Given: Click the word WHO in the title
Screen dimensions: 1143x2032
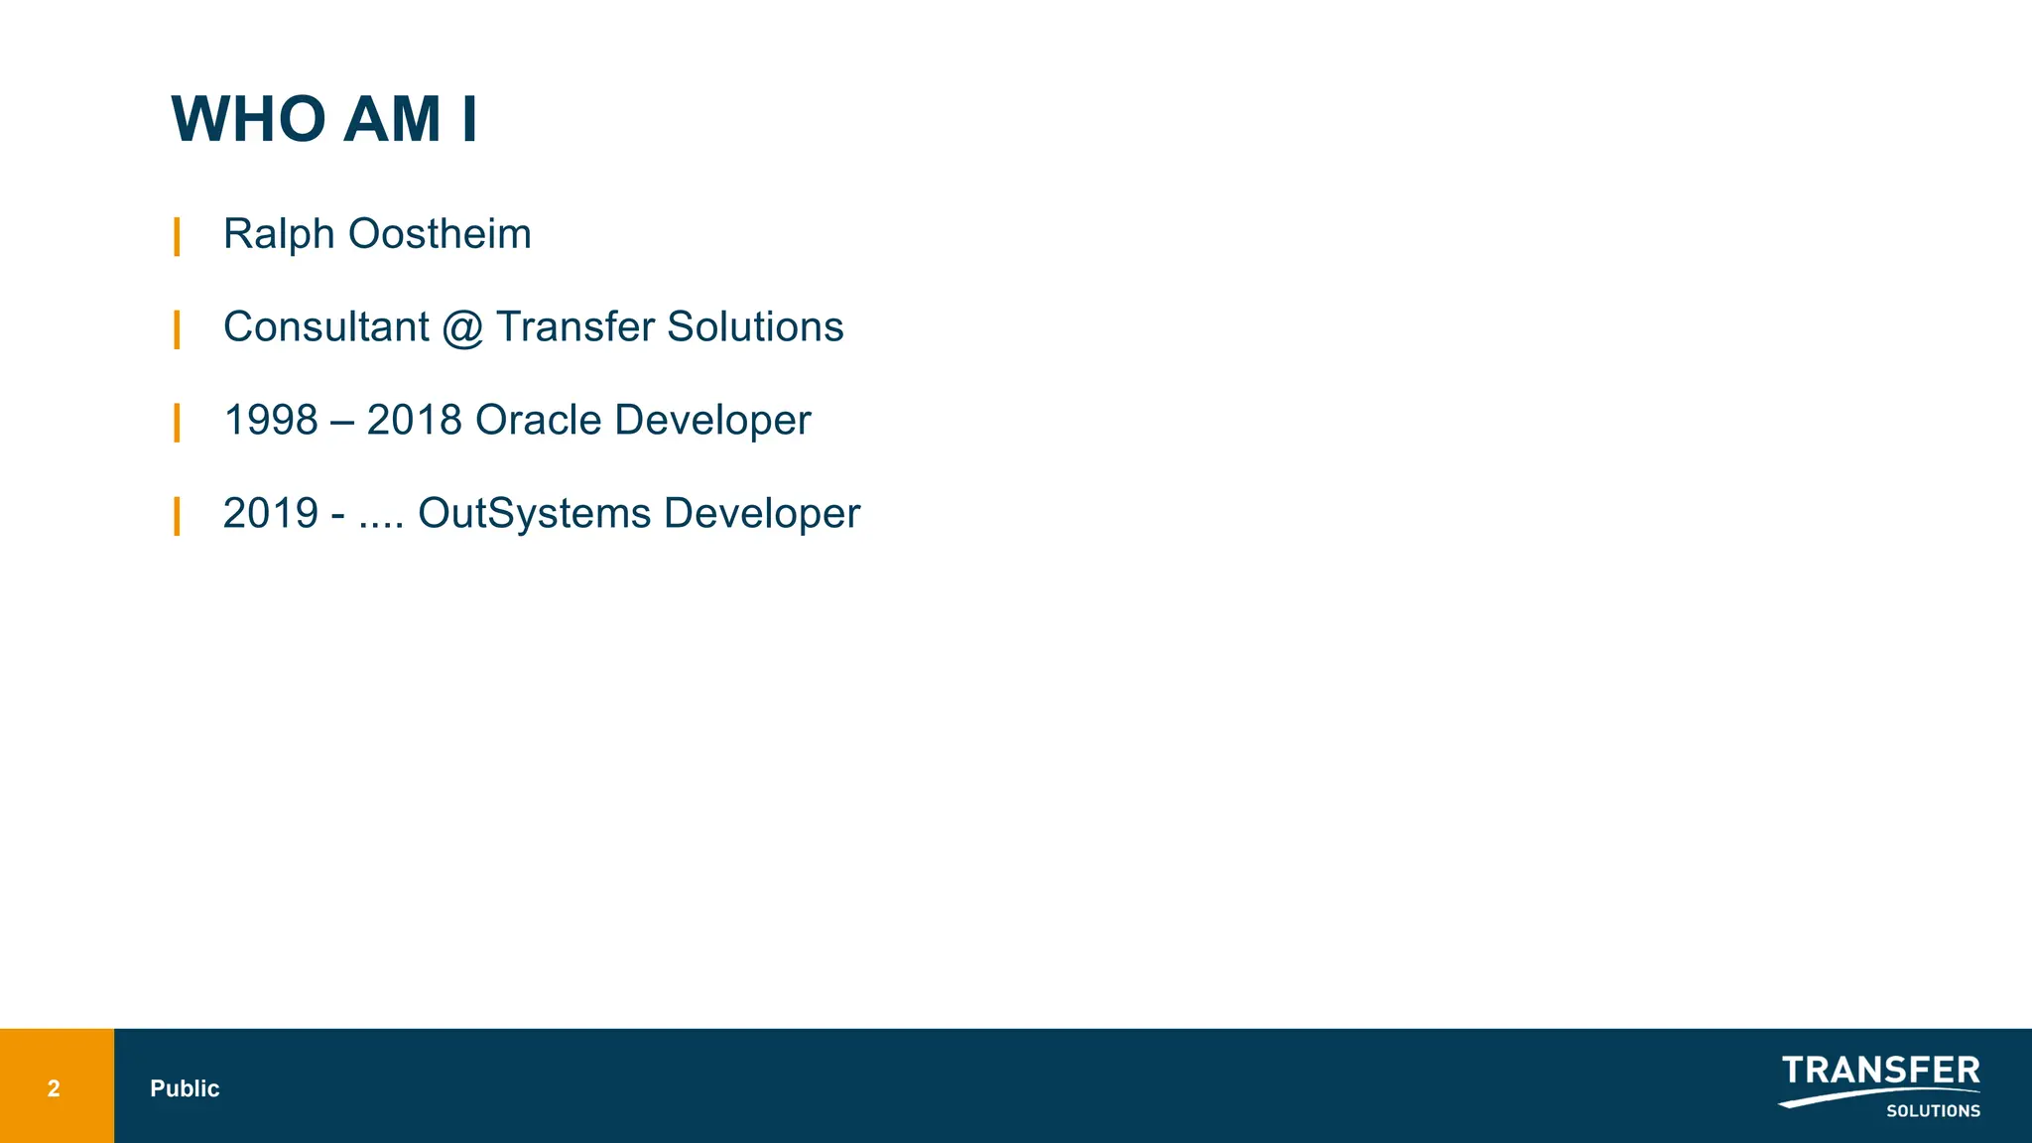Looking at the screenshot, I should tap(249, 120).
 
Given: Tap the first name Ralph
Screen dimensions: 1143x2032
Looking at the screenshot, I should tap(279, 235).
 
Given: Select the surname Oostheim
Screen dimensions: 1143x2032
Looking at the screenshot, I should tap(440, 235).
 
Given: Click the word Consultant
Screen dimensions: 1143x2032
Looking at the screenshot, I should tap(326, 327).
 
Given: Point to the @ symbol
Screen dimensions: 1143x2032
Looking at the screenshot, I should tap(462, 328).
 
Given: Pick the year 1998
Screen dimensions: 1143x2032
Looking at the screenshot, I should tap(271, 421).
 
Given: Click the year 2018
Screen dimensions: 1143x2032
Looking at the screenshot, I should tap(414, 421).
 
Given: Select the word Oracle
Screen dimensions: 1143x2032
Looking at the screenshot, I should tap(538, 421).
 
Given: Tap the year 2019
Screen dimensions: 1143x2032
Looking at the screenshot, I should tap(271, 514).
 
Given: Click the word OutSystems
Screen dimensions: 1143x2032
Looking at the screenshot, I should tap(534, 514).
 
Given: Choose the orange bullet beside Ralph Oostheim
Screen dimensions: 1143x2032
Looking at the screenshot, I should tap(177, 237).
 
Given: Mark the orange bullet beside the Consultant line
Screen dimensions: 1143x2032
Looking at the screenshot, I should tap(177, 329).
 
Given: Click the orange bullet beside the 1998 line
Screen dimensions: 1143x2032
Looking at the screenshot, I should tap(177, 423).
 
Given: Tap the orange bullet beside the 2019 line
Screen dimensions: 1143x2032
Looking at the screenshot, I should tap(177, 516).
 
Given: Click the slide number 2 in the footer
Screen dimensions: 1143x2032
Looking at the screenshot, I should tap(54, 1088).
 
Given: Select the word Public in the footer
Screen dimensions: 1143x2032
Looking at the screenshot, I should tap(185, 1088).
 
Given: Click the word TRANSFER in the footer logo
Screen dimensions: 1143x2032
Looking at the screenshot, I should tap(1880, 1071).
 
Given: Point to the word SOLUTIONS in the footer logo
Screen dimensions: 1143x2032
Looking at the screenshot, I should tap(1933, 1111).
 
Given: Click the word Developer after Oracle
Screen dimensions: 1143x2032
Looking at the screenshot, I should tap(712, 421).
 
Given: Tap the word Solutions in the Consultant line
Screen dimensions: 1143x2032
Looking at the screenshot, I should tap(755, 327).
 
